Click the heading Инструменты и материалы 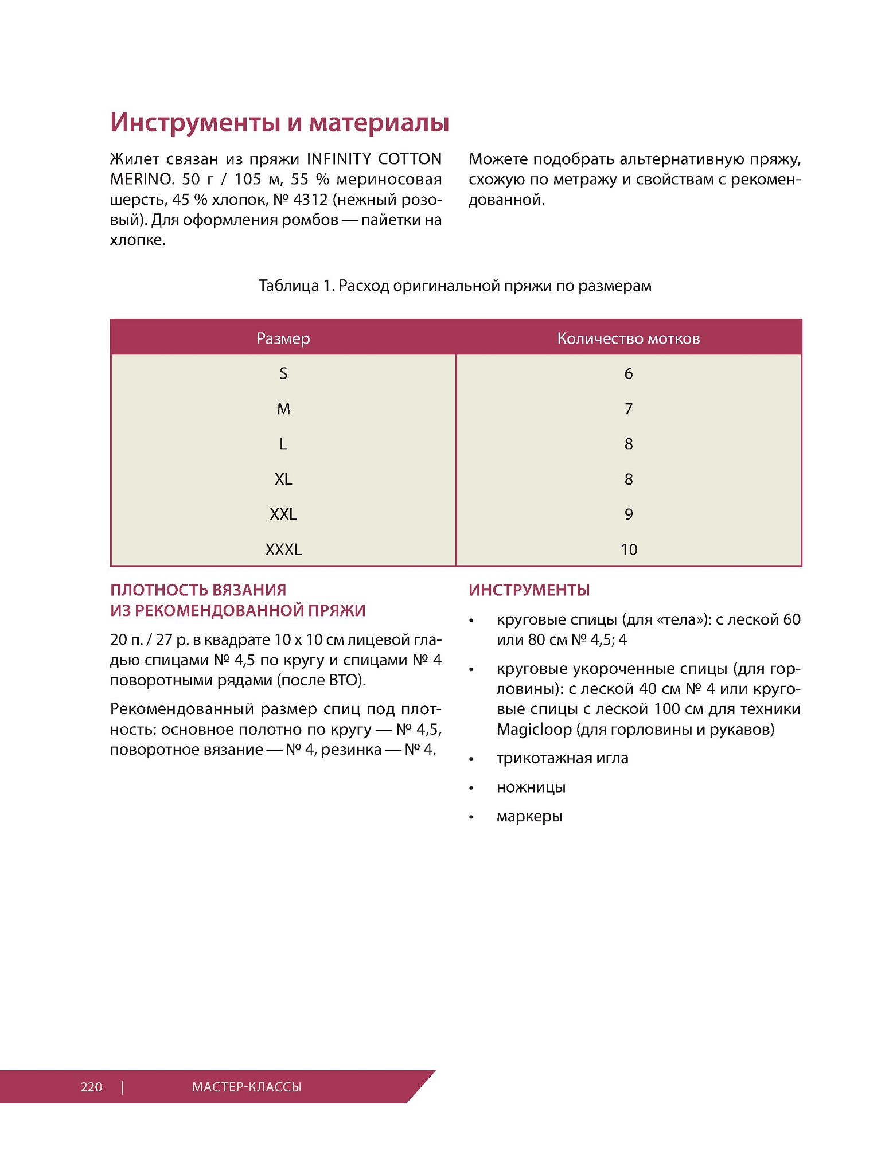[279, 123]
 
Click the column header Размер [283, 338]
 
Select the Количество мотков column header [628, 338]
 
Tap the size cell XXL [283, 514]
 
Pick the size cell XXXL [283, 549]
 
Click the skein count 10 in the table [629, 549]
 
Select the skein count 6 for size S [629, 374]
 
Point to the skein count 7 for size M [629, 409]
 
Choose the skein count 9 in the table [629, 514]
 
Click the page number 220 [91, 1087]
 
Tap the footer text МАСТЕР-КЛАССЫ [247, 1087]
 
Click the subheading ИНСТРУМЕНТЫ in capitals [529, 590]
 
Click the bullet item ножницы [531, 787]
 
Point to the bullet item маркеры [529, 817]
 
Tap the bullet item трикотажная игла [562, 759]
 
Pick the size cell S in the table [283, 374]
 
